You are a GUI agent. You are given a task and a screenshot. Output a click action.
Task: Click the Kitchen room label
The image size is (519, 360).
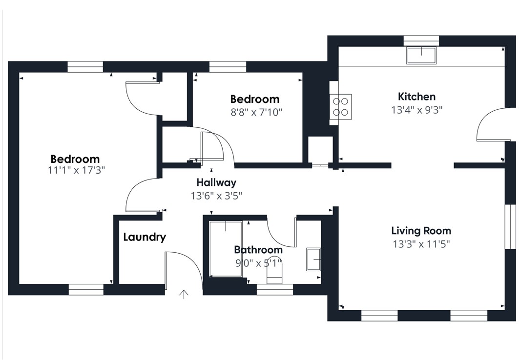pos(416,97)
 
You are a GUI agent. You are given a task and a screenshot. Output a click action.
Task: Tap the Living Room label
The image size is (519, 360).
pos(421,231)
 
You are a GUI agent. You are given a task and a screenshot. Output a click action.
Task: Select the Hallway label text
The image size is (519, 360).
pos(216,182)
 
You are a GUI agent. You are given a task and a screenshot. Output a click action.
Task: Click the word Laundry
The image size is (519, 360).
pos(145,238)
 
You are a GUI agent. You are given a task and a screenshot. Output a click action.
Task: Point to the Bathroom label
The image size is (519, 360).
pos(258,250)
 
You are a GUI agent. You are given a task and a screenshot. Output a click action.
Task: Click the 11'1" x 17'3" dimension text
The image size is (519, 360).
pos(77,171)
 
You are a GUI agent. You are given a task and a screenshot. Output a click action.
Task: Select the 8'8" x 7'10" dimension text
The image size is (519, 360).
pos(256,112)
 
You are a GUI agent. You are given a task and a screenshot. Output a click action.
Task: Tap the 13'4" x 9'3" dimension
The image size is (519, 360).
pos(417,110)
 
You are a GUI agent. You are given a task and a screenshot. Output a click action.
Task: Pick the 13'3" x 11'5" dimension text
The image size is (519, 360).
pos(421,244)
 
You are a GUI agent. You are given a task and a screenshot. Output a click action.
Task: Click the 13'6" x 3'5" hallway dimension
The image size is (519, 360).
pos(216,196)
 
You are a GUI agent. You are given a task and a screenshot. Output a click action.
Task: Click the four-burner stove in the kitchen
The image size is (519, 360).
pos(341,107)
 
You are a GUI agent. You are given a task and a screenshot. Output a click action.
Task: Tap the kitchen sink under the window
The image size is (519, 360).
pos(421,55)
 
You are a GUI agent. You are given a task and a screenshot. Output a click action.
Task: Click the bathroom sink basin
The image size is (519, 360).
pos(313,260)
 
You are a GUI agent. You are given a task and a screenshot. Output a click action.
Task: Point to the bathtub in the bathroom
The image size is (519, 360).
pos(226,249)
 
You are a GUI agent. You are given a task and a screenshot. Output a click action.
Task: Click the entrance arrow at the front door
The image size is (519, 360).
pos(184,294)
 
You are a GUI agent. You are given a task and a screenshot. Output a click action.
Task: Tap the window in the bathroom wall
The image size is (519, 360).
pos(275,290)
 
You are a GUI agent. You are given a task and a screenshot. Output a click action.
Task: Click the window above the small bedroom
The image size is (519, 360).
pos(228,67)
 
